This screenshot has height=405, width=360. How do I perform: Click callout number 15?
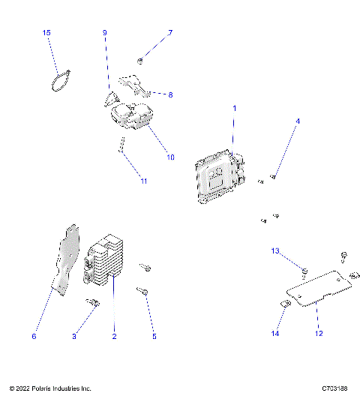(46, 33)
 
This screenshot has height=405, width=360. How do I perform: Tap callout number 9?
(105, 33)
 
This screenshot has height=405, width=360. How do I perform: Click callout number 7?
(170, 33)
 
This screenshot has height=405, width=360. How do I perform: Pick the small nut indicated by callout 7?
(141, 59)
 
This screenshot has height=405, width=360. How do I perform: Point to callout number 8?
(170, 95)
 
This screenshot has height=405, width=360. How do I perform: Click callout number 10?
(170, 157)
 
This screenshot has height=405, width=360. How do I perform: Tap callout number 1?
(234, 109)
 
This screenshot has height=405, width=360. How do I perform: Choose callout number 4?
(297, 121)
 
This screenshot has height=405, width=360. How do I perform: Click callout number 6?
(34, 337)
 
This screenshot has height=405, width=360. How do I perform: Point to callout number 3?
(74, 337)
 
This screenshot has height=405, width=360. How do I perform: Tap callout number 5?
(154, 337)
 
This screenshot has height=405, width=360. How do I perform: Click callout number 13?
(275, 250)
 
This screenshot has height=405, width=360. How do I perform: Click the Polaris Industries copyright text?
(50, 388)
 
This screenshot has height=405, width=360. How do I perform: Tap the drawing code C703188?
(335, 388)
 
